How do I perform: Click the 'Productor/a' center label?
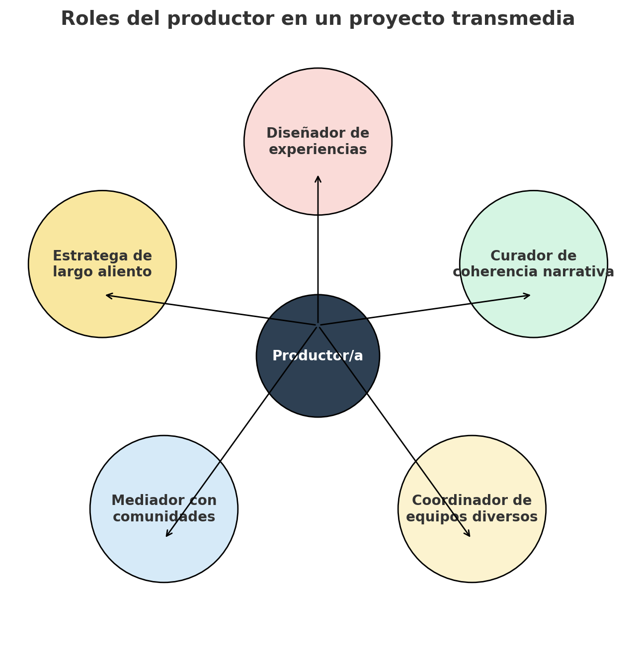point(318,356)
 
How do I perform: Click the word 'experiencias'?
point(318,150)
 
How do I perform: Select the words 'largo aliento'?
point(102,272)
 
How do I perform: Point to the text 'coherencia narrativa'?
point(534,272)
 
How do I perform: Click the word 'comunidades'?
point(164,517)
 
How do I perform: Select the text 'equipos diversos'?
point(472,517)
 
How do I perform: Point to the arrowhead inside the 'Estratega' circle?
point(107,295)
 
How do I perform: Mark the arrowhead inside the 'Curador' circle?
point(529,295)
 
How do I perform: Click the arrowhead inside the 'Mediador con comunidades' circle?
point(167,535)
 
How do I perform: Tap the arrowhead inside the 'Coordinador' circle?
point(469,535)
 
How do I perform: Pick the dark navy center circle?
point(318,388)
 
